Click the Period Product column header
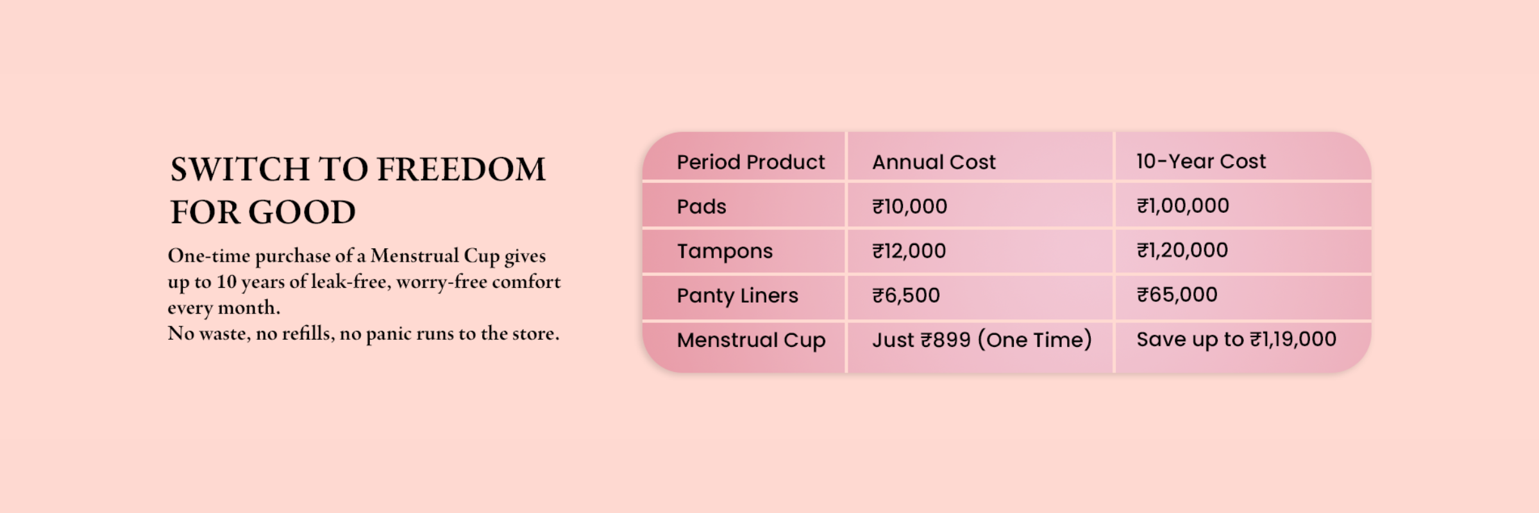(x=750, y=162)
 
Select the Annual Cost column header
(x=934, y=162)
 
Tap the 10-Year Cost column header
(x=1201, y=161)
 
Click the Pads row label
(x=702, y=206)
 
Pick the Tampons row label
(x=725, y=251)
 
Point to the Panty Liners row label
(x=737, y=296)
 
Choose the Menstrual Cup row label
(x=751, y=341)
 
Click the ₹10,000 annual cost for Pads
(x=909, y=206)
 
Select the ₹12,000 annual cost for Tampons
(x=909, y=251)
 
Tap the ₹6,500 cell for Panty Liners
(x=905, y=296)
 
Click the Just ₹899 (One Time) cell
(x=982, y=340)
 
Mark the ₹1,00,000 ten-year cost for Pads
(x=1182, y=206)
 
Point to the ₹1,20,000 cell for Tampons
(x=1182, y=250)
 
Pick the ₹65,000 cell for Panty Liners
(x=1177, y=295)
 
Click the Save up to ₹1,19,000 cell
(x=1236, y=339)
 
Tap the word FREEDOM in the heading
(x=461, y=169)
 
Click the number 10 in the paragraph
(x=226, y=282)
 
